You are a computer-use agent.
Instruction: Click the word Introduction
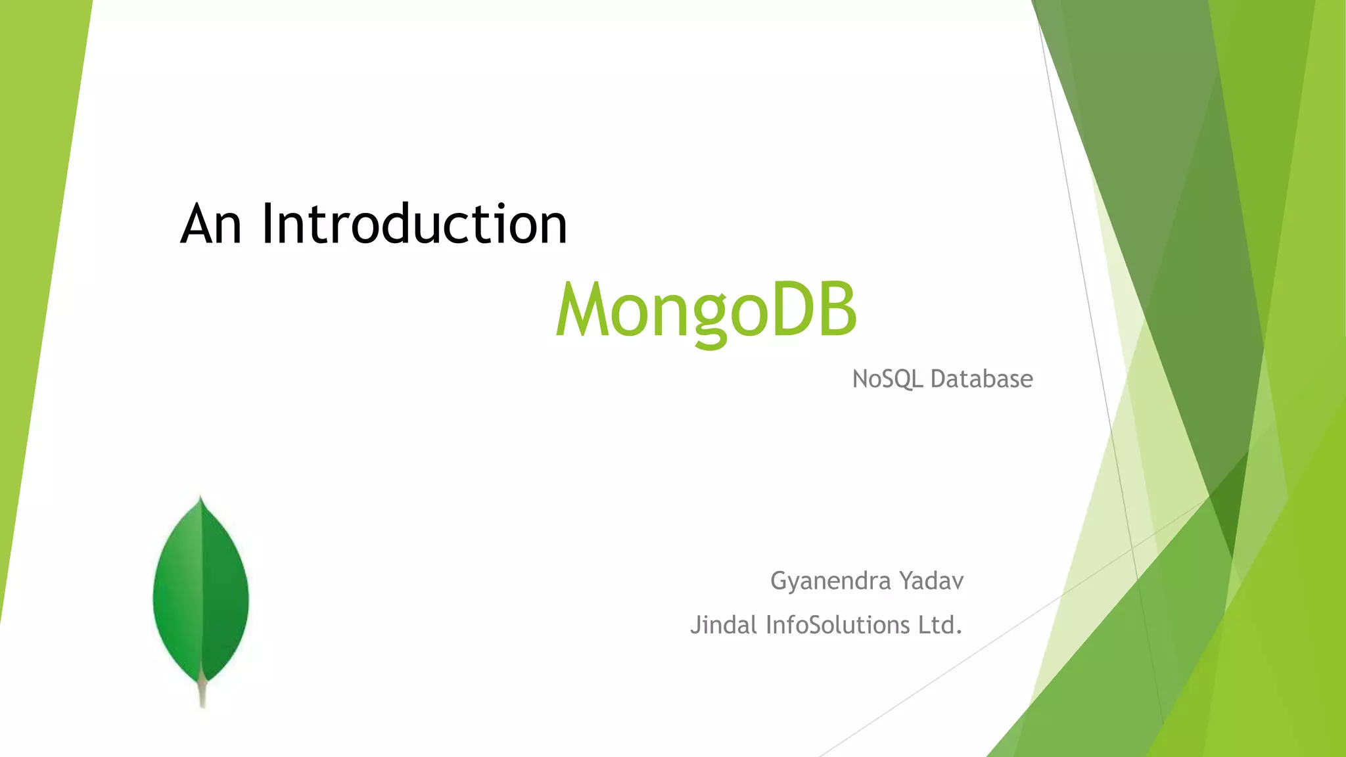(414, 225)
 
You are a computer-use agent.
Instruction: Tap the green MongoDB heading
(707, 309)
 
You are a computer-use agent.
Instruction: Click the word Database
(981, 379)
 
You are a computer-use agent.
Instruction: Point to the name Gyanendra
(830, 582)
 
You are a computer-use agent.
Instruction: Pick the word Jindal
(724, 625)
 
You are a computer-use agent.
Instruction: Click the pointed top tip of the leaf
(200, 501)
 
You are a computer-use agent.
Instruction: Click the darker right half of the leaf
(225, 591)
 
